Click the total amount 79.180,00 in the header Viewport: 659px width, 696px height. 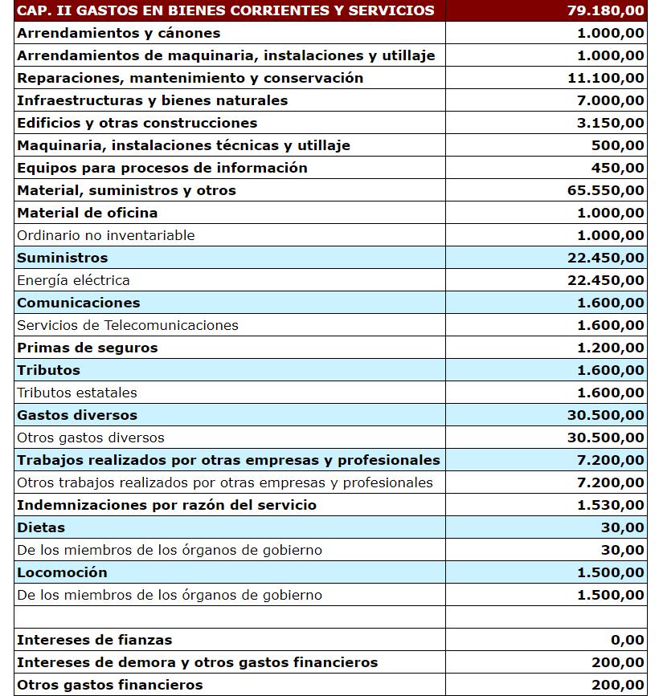[x=605, y=10]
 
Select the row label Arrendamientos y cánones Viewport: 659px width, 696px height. [x=118, y=33]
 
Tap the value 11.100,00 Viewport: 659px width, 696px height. [x=605, y=78]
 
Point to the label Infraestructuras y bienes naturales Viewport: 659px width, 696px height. [x=152, y=100]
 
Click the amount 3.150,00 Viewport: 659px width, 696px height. [x=610, y=123]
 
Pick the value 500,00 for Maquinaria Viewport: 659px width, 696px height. [x=623, y=145]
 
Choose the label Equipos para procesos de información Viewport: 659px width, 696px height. [x=162, y=168]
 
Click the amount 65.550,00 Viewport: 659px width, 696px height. [x=605, y=190]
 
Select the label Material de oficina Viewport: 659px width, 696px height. [x=87, y=213]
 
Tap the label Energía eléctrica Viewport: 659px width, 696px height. [x=73, y=280]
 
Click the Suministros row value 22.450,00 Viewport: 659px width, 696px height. [x=605, y=258]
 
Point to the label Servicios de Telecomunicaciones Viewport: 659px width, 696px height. [x=128, y=325]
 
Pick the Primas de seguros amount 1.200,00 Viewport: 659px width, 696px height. [x=610, y=348]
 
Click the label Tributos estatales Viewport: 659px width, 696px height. [x=77, y=393]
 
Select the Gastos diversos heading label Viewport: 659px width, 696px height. [x=77, y=415]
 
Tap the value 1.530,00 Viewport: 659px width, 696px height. [x=610, y=505]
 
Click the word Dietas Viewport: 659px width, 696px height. [x=41, y=527]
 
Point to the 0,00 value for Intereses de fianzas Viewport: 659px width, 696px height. [x=628, y=640]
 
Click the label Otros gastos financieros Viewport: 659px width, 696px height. [x=109, y=685]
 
